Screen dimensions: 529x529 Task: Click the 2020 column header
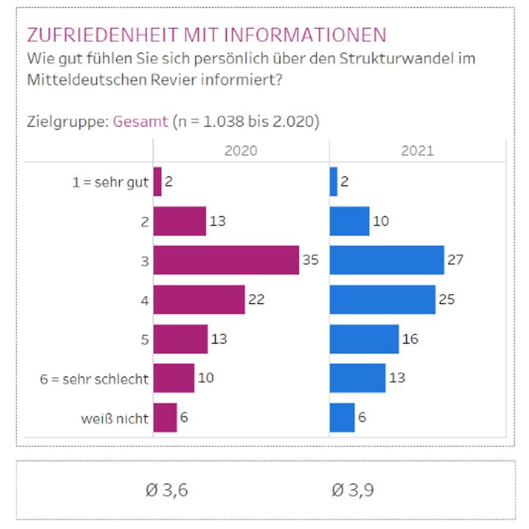(241, 151)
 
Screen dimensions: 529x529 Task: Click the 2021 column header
(417, 151)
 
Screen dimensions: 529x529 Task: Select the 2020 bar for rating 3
(226, 260)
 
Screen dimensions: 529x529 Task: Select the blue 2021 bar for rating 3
(387, 260)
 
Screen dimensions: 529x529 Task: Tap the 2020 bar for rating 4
(199, 300)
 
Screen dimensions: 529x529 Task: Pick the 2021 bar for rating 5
(364, 339)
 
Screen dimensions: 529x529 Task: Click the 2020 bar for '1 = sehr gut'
(157, 181)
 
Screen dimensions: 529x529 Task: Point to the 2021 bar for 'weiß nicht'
(342, 417)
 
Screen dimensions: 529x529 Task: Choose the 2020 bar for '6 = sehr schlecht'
(174, 378)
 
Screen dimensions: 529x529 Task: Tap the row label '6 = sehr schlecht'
(95, 379)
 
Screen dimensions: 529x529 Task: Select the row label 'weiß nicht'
(115, 418)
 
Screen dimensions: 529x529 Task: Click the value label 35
(311, 260)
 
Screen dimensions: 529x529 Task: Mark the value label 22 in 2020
(257, 300)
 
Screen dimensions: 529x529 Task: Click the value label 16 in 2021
(410, 339)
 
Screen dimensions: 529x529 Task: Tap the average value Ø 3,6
(167, 490)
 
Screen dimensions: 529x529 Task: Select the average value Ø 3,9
(353, 490)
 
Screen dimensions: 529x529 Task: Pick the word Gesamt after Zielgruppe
(141, 122)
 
